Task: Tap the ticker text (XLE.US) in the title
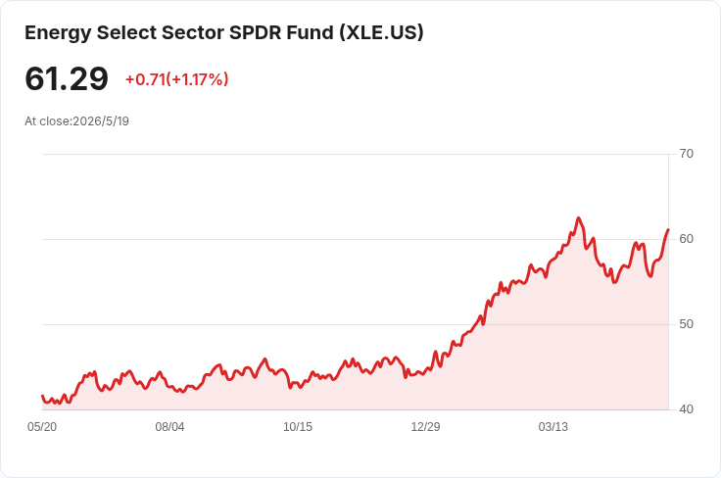point(382,33)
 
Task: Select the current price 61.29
point(67,78)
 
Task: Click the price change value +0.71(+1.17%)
point(177,79)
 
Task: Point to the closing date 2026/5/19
point(101,121)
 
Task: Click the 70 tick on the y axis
point(686,154)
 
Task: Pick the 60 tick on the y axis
point(686,239)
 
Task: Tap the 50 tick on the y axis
point(686,324)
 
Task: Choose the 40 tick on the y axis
point(686,409)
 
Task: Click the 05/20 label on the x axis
point(42,427)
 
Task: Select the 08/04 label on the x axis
point(169,427)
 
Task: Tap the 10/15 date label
point(298,427)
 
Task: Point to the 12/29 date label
point(425,427)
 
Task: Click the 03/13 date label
point(553,427)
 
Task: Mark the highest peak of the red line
point(578,217)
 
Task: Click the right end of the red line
point(668,229)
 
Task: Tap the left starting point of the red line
point(42,396)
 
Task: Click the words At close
point(48,121)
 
